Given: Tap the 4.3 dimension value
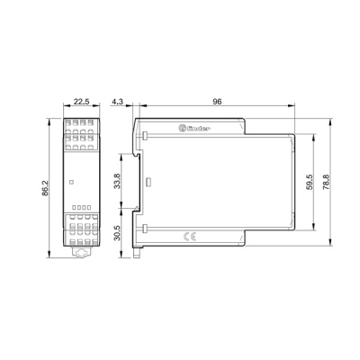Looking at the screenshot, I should click(118, 102).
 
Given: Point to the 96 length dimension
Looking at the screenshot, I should click(216, 102).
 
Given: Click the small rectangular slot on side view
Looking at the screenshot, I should click(145, 182).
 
